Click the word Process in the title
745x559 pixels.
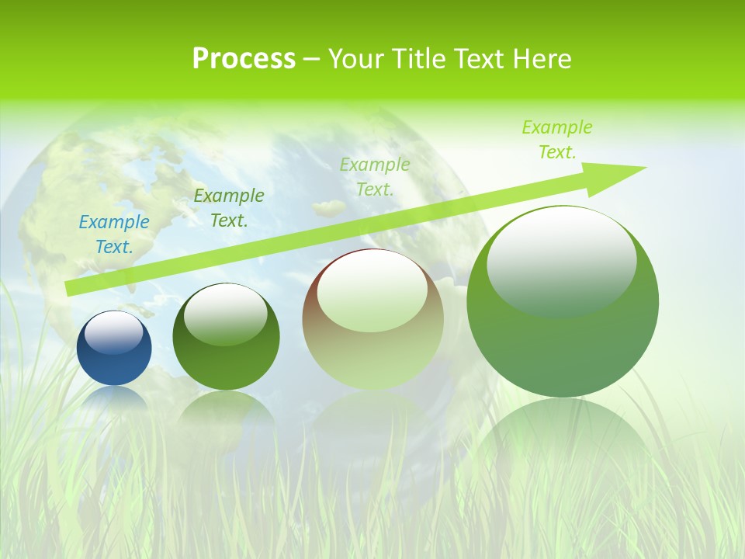244,59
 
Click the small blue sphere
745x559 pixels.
114,349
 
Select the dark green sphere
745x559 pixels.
226,337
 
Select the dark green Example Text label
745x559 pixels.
229,208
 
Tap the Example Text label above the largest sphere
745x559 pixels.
557,140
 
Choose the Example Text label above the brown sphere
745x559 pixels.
375,176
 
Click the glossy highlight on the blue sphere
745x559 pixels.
114,332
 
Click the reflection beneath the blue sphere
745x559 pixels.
114,400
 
